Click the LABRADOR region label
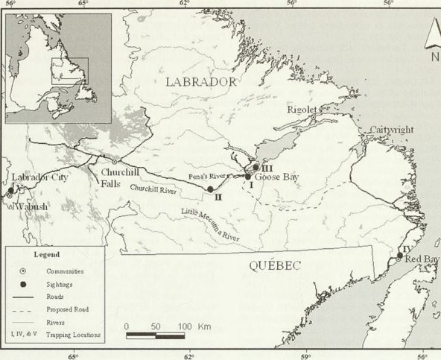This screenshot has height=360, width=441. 200,81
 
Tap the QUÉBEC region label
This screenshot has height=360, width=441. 276,267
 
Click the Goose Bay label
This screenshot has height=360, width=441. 276,179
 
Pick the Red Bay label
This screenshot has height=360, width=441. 422,259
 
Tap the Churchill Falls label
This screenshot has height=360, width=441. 115,177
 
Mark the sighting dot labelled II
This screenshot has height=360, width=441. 211,189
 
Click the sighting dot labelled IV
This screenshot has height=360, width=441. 399,256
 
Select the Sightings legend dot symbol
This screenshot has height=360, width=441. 24,284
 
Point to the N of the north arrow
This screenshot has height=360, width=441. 434,57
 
